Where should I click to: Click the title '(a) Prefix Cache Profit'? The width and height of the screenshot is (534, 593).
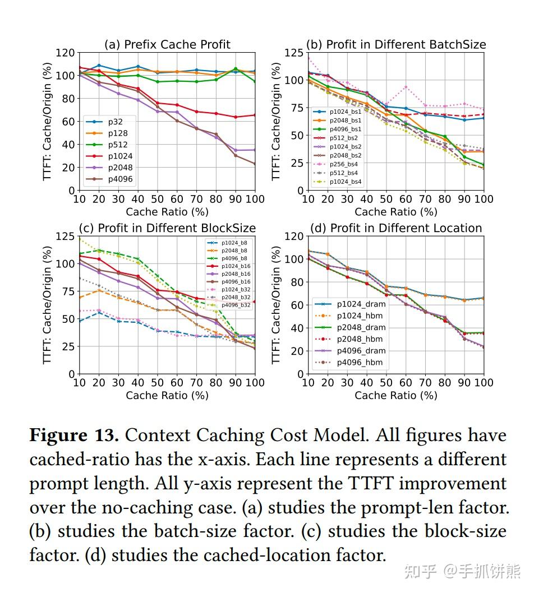pyautogui.click(x=167, y=45)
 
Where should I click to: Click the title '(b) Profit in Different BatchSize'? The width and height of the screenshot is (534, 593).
pyautogui.click(x=396, y=44)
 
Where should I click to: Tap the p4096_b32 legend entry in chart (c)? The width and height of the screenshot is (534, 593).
pyautogui.click(x=236, y=305)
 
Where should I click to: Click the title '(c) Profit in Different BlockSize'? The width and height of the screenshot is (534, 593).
pyautogui.click(x=167, y=228)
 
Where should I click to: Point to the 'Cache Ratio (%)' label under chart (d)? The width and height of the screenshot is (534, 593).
pyautogui.click(x=396, y=395)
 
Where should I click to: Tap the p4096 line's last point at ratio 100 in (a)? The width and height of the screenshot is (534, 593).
pyautogui.click(x=256, y=164)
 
